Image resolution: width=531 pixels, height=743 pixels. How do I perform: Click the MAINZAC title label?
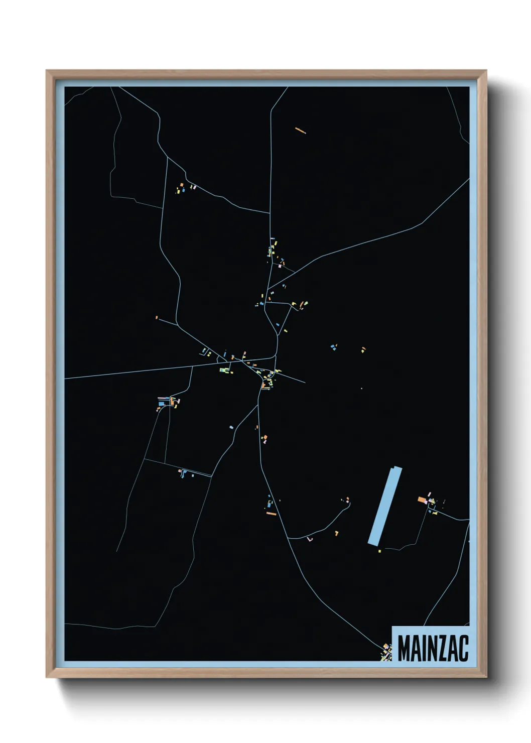point(433,648)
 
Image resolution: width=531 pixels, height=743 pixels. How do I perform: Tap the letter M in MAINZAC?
point(405,648)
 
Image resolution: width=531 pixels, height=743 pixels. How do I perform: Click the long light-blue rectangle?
point(385,506)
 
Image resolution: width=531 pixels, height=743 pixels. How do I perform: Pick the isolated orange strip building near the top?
point(300,131)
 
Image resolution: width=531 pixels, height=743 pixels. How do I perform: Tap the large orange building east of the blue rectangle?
point(422,500)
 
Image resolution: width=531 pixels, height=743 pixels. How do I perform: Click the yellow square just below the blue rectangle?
point(379,551)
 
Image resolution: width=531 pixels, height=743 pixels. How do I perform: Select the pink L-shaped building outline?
point(310,540)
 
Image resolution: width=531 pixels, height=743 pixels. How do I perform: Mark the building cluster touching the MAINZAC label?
point(386,652)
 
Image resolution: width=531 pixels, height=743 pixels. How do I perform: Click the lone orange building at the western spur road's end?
point(157,317)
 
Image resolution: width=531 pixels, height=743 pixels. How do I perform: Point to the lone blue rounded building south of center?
point(231,427)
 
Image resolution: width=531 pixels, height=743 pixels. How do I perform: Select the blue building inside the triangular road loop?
point(278,325)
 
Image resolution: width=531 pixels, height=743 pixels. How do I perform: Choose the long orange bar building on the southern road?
point(272,514)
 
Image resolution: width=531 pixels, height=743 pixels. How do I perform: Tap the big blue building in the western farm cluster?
point(162,403)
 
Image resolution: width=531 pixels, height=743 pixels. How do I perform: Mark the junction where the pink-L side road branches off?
point(288,538)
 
